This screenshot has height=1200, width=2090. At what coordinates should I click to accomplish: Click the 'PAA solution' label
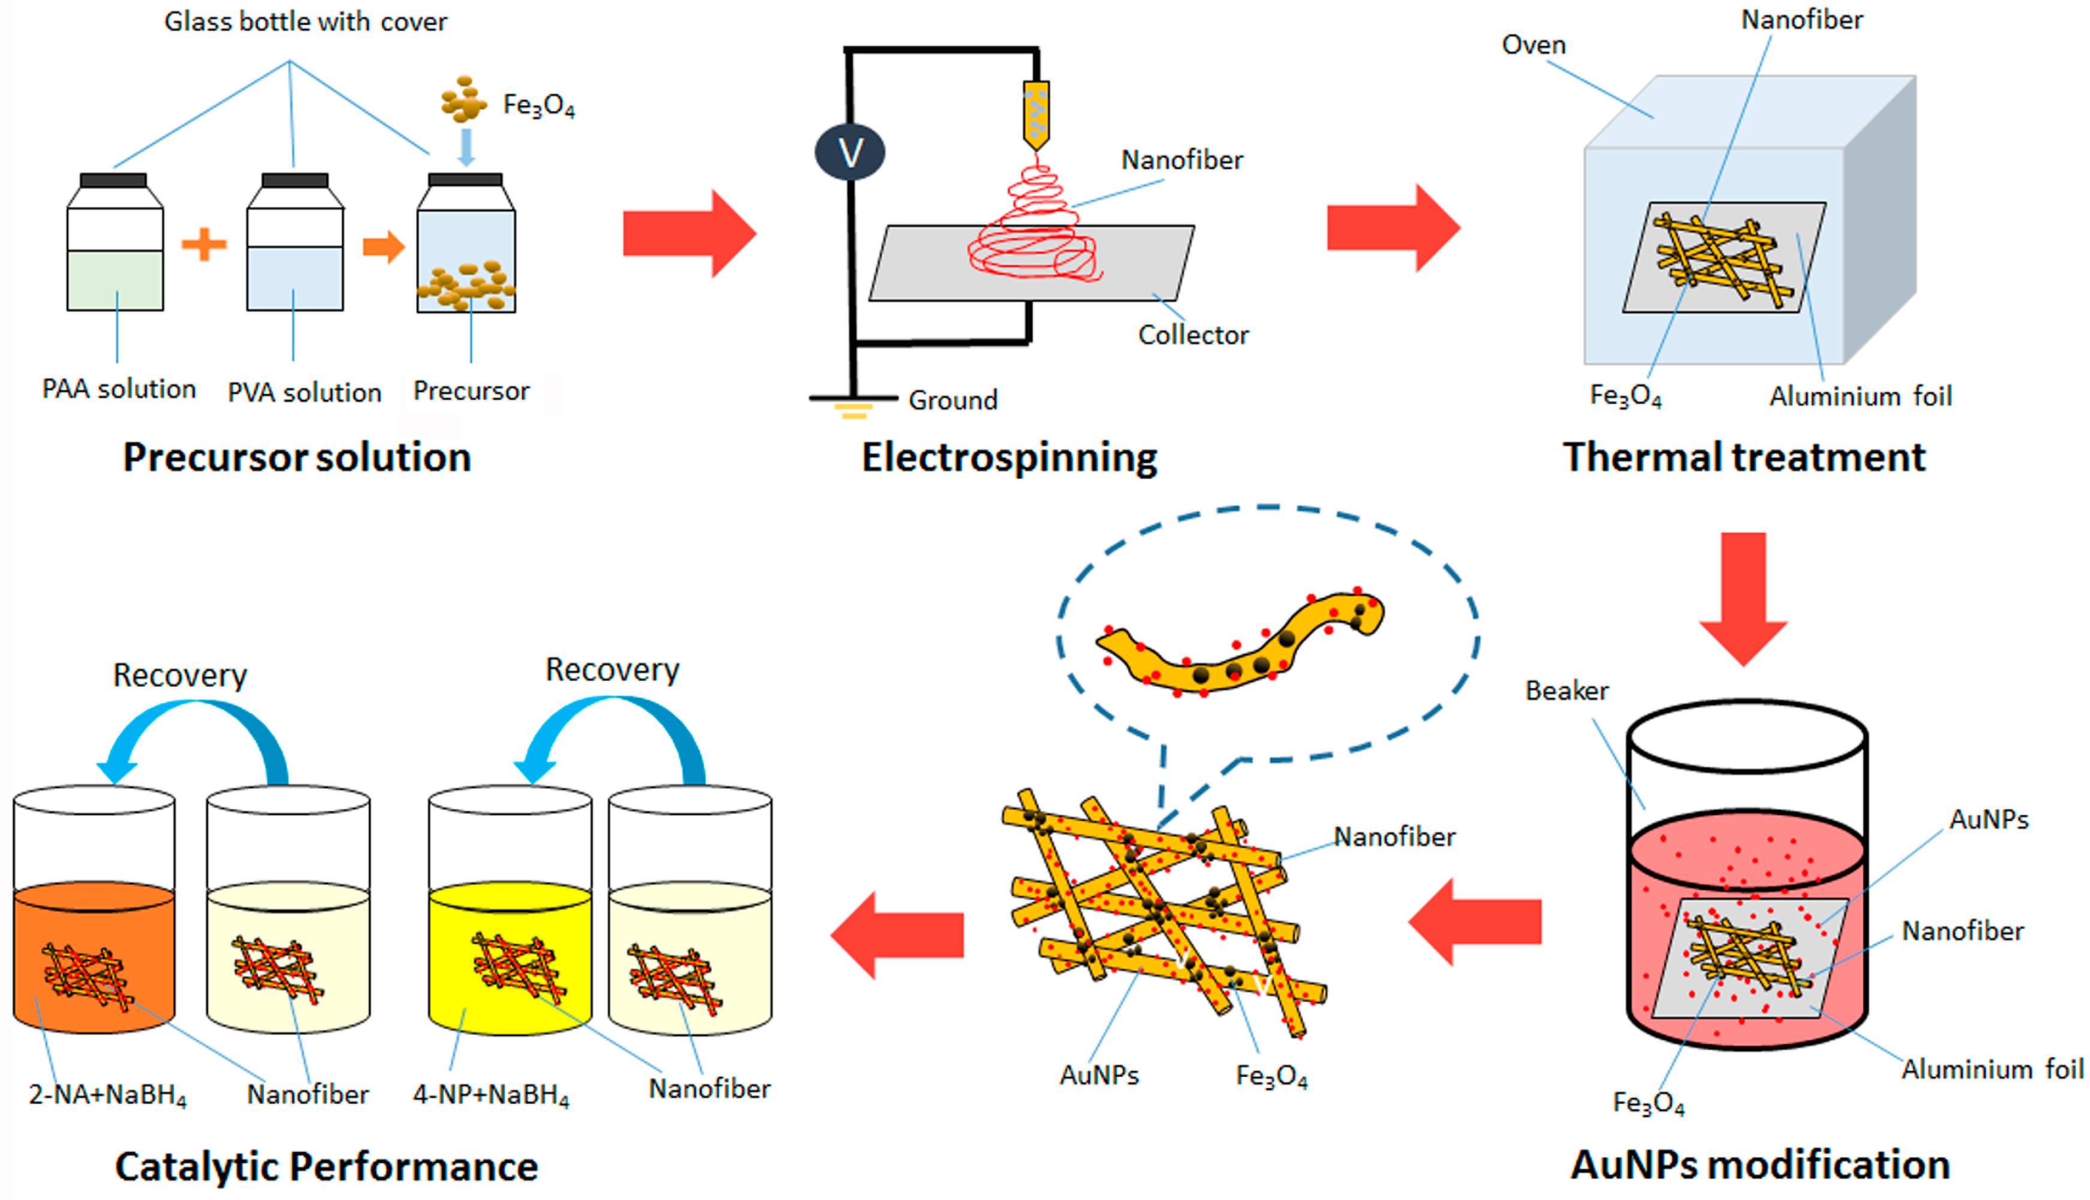(x=119, y=389)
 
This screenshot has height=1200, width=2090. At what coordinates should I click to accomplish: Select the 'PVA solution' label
(x=304, y=392)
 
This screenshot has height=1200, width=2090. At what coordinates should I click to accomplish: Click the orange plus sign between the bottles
(x=204, y=244)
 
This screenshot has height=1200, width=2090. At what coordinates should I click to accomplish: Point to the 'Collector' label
(x=1192, y=335)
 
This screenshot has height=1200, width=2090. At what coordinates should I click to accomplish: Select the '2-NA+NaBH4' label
(x=107, y=1095)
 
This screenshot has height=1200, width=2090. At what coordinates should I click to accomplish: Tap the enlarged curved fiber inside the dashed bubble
(x=1236, y=651)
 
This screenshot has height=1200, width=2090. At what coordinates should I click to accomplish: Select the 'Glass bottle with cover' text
(x=305, y=22)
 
